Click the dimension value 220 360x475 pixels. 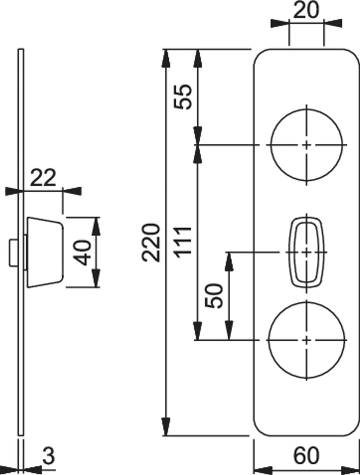point(150,242)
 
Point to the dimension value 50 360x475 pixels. point(215,295)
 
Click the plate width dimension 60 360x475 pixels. point(306,455)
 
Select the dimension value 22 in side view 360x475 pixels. point(43,177)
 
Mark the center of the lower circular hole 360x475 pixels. point(306,339)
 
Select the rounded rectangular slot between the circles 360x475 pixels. point(306,252)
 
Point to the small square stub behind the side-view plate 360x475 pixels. point(13,252)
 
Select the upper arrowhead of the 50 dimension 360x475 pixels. point(229,258)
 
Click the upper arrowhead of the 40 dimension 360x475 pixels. point(96,223)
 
